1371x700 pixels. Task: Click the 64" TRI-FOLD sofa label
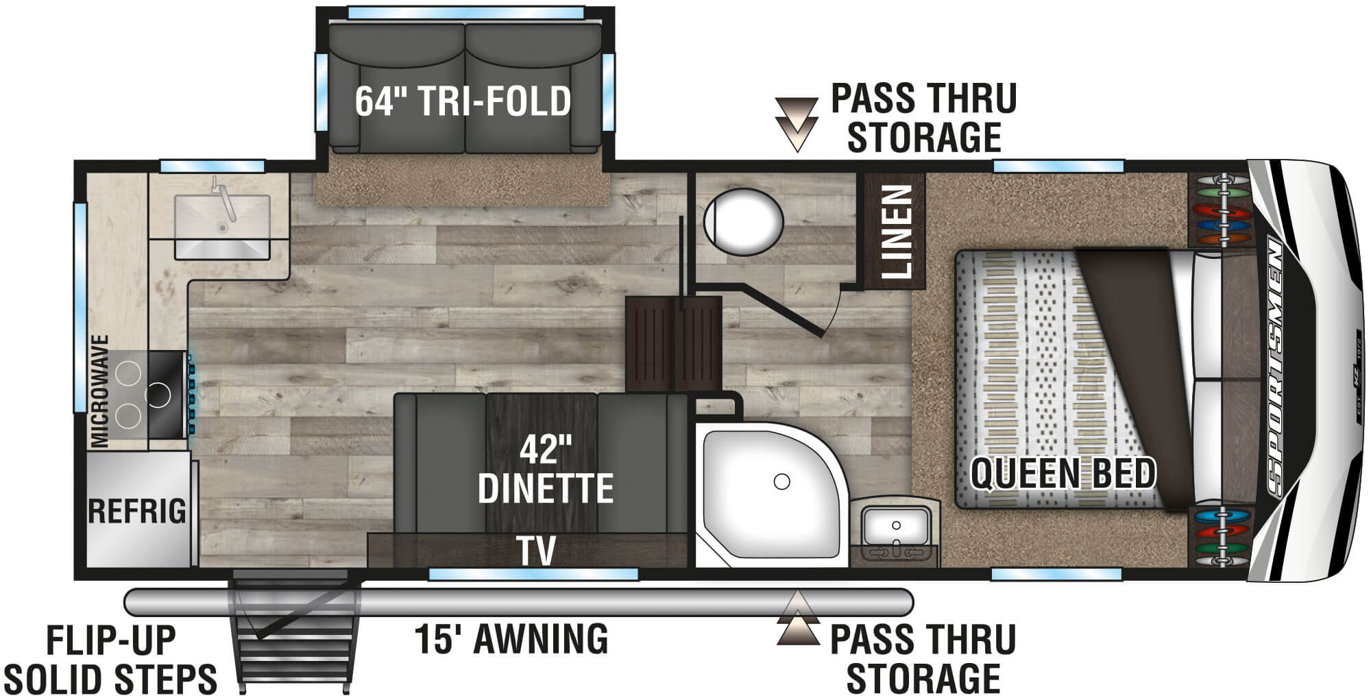463,101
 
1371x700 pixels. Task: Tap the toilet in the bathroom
743,221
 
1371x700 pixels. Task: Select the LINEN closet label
895,232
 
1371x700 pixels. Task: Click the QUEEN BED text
1063,474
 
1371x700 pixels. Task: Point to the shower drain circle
781,482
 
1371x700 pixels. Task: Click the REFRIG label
137,511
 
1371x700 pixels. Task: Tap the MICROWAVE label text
101,390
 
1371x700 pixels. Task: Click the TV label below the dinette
536,551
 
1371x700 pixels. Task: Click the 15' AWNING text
511,638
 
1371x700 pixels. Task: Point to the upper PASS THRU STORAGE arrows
797,123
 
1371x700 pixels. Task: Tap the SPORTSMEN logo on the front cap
1277,366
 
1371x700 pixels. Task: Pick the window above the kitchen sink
212,166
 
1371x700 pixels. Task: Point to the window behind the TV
533,574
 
